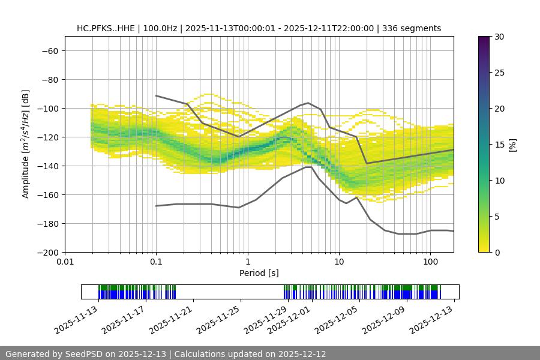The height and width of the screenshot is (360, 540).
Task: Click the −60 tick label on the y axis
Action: [x=49, y=50]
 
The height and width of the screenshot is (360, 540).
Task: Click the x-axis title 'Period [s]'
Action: [x=259, y=273]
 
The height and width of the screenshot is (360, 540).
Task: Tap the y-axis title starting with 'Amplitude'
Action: [x=26, y=144]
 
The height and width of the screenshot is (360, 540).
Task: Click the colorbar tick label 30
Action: [x=499, y=37]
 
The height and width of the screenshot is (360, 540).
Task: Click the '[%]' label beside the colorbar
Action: [x=512, y=145]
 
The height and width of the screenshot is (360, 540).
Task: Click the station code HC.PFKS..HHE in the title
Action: [x=106, y=28]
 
